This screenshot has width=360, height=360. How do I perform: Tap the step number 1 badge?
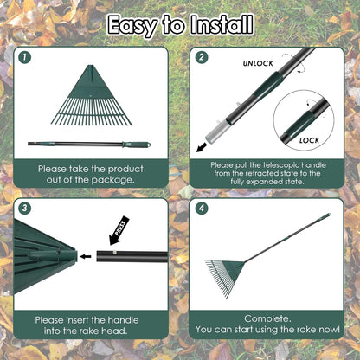pos(25,58)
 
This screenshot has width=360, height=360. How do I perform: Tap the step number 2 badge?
pos(202,58)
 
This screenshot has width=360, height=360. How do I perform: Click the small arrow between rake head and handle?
pos(84,256)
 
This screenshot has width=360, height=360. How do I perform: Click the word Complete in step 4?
pos(269,318)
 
